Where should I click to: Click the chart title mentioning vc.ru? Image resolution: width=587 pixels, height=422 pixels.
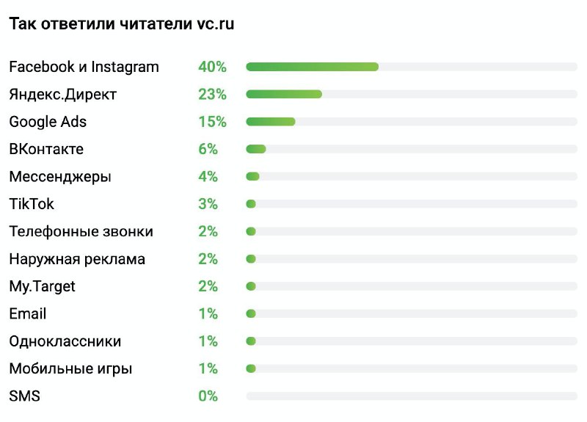[x=121, y=23]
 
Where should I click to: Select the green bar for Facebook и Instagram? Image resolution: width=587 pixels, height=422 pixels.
[x=312, y=67]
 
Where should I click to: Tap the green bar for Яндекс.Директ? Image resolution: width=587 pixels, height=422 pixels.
[x=284, y=94]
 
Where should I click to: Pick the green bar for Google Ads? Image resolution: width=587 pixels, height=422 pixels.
[x=271, y=122]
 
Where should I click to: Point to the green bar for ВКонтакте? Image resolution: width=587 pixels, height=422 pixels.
[x=256, y=149]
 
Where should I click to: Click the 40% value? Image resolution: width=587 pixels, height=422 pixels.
[x=212, y=67]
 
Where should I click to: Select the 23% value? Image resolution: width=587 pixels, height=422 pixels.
[x=212, y=94]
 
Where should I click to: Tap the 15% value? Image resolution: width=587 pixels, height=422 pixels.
[x=212, y=122]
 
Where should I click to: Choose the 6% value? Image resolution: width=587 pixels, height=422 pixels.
[x=208, y=149]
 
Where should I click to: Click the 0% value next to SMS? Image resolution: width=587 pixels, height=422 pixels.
[x=208, y=396]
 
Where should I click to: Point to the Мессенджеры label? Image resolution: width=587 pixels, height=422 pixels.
[x=60, y=176]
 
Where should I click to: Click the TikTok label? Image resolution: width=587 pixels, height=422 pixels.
[x=32, y=204]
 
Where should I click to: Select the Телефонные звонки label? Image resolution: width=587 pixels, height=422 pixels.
[x=81, y=231]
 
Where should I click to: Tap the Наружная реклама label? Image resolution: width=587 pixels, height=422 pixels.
[x=77, y=259]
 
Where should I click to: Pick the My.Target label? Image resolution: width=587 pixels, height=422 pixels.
[x=42, y=286]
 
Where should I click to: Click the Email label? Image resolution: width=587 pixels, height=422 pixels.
[x=28, y=314]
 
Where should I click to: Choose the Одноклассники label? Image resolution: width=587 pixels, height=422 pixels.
[x=65, y=341]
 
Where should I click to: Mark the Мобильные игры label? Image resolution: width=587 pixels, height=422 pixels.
[x=70, y=369]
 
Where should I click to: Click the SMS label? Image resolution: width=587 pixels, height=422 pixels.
[x=24, y=396]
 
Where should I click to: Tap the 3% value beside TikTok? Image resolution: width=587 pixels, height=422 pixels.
[x=208, y=204]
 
